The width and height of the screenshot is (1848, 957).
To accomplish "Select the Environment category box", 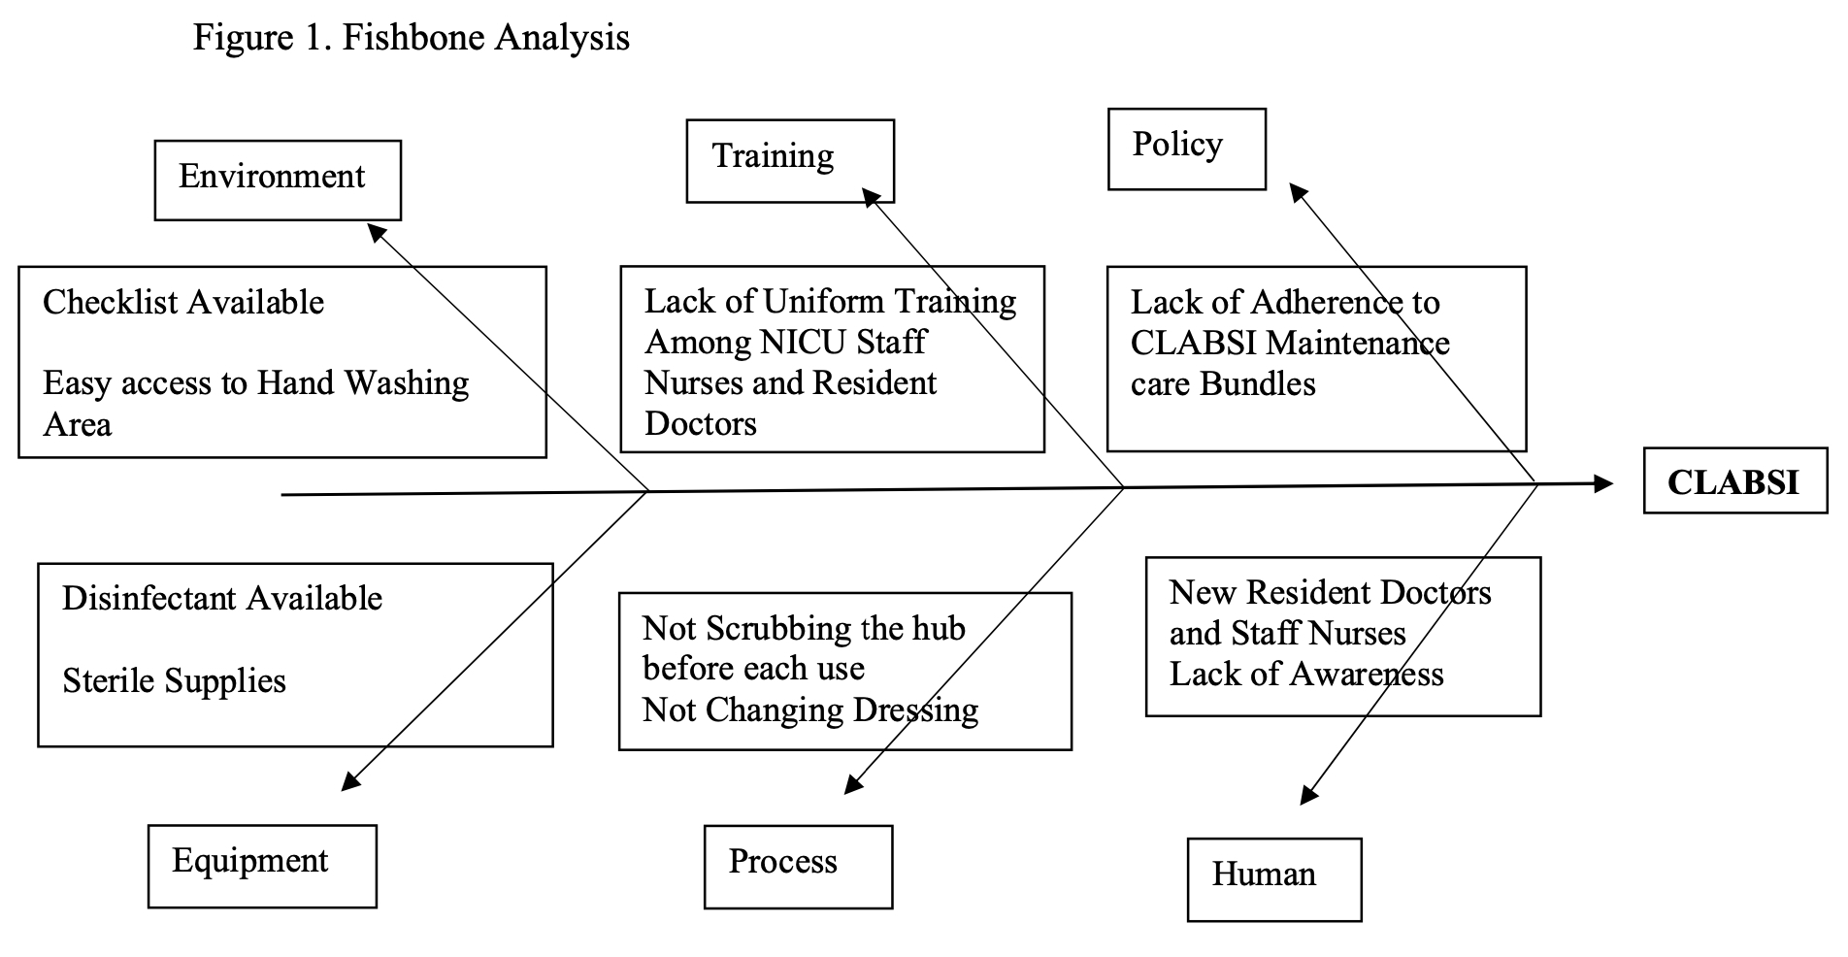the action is [278, 180].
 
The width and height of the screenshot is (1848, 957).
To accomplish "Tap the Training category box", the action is [790, 160].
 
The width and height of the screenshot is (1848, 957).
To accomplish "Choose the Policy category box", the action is [1187, 148].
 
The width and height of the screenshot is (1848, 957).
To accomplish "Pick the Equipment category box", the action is [262, 866].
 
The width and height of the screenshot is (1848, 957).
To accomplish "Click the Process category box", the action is [798, 867].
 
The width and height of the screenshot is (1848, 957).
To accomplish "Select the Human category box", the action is [1274, 879].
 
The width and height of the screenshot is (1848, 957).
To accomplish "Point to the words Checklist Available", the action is [183, 303].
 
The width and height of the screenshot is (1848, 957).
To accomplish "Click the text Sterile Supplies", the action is [175, 681].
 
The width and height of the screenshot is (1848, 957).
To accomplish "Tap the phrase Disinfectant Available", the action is [222, 598].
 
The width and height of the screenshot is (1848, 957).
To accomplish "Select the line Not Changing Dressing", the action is [810, 710].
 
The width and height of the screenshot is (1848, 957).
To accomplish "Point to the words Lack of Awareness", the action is [1306, 674].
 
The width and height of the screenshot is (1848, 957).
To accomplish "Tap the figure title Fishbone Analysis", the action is [486, 38].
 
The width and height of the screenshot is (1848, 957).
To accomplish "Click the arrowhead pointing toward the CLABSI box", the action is [1602, 482].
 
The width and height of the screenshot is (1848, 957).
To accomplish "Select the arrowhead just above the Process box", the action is [853, 784].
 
